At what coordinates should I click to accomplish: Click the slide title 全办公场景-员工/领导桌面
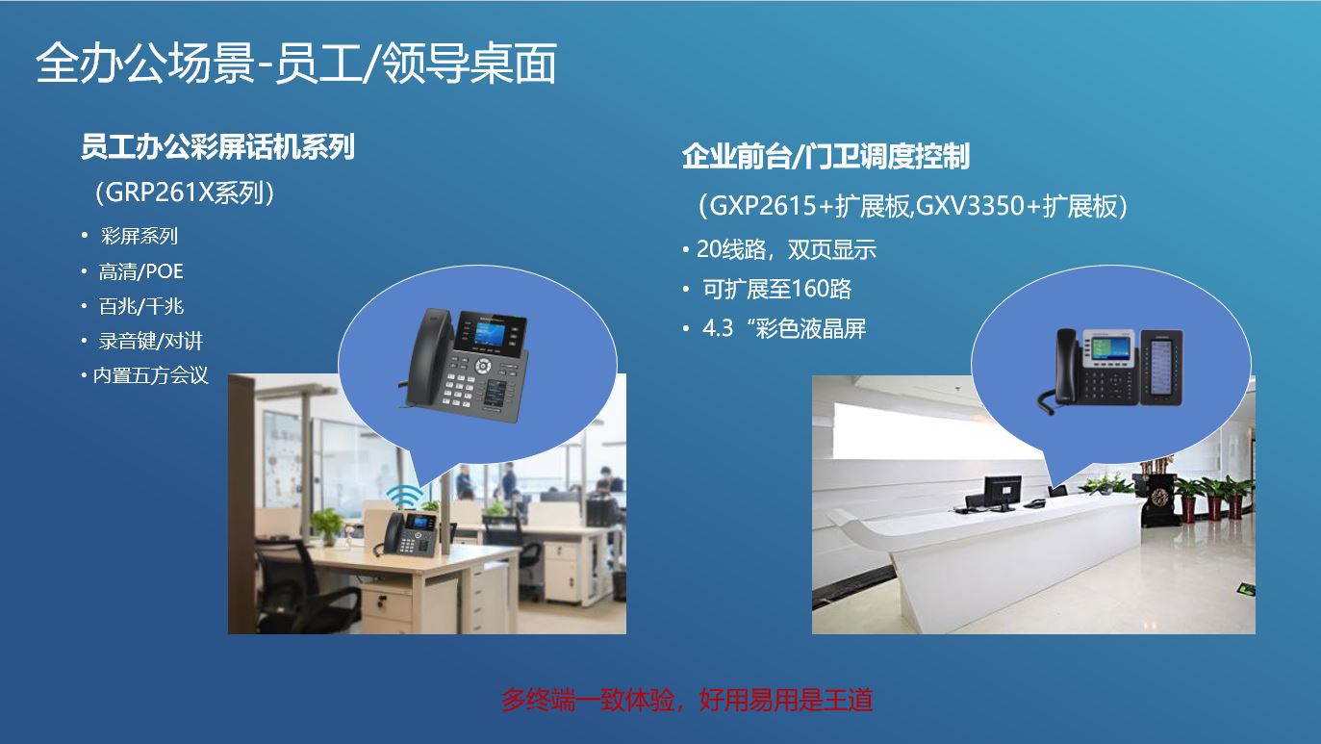[295, 64]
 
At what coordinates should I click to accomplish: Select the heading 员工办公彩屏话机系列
[217, 146]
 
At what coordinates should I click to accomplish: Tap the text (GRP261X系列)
[186, 192]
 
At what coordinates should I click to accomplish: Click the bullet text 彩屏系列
[140, 236]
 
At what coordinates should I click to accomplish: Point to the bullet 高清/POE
[140, 271]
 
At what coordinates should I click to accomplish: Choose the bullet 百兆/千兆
[140, 306]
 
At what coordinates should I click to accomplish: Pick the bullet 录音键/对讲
[150, 341]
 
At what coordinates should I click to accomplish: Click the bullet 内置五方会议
[150, 375]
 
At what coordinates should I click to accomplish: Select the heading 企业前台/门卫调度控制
[825, 156]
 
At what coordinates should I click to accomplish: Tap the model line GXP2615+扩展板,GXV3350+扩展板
[911, 206]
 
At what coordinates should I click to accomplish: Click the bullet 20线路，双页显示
[786, 249]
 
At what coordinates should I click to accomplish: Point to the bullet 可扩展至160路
[776, 289]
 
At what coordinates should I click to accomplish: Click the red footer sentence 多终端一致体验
[686, 700]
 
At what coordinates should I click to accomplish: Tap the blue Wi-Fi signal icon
[405, 497]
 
